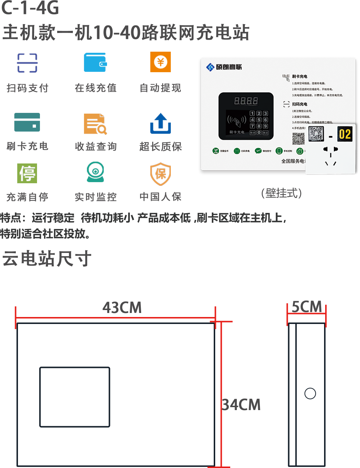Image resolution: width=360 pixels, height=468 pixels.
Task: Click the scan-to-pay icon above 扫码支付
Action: (x=27, y=63)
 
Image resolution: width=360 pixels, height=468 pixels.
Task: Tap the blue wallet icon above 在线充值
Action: (x=95, y=62)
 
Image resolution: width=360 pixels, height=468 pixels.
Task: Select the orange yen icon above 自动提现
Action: (x=161, y=62)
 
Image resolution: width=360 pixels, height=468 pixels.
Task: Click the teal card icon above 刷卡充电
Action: (x=27, y=122)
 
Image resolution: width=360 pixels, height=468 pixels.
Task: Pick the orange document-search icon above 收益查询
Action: (x=95, y=124)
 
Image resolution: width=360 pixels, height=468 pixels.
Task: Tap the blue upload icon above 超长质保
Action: (x=161, y=124)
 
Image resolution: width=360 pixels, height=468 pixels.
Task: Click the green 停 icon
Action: (x=27, y=173)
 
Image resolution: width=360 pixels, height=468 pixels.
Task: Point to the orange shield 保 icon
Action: (x=161, y=174)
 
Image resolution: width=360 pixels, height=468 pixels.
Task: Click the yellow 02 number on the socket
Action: (x=345, y=134)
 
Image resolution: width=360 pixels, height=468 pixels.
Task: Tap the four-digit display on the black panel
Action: (x=246, y=100)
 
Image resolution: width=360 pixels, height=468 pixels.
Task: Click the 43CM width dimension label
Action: (x=122, y=308)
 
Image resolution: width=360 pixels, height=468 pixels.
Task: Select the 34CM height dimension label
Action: (x=242, y=405)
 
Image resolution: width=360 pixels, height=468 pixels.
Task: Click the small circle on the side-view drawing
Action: (x=310, y=393)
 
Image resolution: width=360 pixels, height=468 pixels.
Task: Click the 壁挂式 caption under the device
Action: (x=282, y=193)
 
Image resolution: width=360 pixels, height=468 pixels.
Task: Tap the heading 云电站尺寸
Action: (x=47, y=258)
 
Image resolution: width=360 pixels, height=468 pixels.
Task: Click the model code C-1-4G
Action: (x=30, y=8)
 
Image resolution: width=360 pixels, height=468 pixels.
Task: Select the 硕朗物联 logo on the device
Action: (x=224, y=67)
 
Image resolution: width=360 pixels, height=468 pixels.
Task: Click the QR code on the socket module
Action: (x=316, y=134)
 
